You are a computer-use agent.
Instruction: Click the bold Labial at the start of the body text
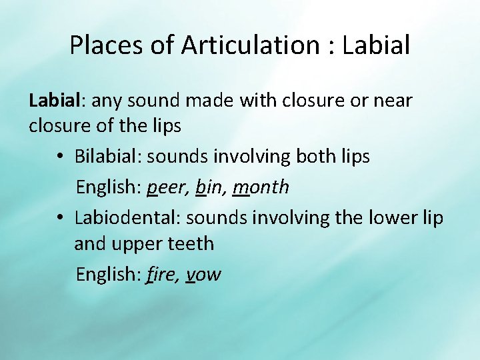[53, 101]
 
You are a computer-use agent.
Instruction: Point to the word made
[192, 101]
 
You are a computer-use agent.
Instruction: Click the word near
[393, 101]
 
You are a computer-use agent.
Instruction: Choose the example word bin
[209, 187]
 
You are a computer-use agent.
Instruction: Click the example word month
[261, 187]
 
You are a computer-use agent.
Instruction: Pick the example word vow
[203, 274]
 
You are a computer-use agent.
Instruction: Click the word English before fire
[107, 274]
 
